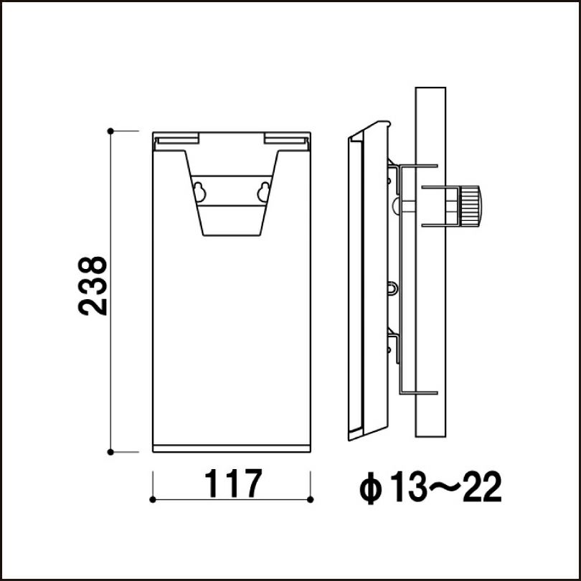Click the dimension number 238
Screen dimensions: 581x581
(x=93, y=285)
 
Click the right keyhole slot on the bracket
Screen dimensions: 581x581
(x=263, y=192)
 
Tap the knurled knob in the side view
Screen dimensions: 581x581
(x=471, y=205)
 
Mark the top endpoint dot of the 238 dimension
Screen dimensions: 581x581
(x=110, y=131)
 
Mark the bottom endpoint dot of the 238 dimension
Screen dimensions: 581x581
(x=110, y=452)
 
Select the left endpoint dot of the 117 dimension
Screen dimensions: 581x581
(x=153, y=499)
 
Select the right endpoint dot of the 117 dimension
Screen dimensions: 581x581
(x=310, y=499)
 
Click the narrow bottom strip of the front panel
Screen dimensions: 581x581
(x=232, y=448)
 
